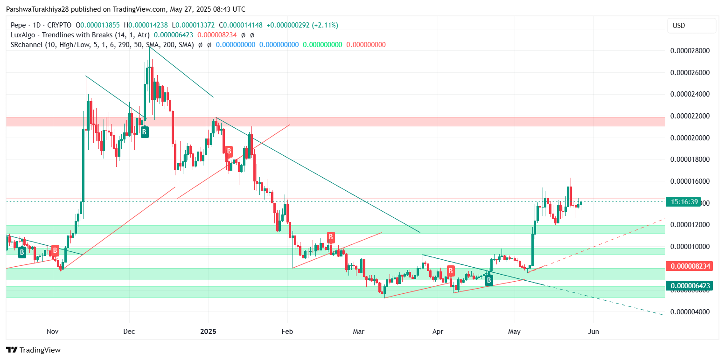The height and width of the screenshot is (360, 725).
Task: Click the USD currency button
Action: click(x=691, y=26)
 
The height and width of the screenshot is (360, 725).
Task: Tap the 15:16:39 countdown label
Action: click(x=684, y=202)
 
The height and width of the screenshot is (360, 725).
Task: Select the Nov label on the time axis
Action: click(x=53, y=332)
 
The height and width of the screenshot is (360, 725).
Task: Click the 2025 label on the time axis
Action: click(x=208, y=332)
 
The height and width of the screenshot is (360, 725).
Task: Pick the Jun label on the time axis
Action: click(x=593, y=332)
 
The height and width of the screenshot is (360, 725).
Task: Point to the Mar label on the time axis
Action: click(x=359, y=332)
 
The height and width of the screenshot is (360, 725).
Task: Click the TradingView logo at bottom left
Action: click(x=33, y=350)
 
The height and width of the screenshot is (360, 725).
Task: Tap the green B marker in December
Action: click(x=145, y=132)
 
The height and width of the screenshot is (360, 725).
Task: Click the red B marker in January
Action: click(x=229, y=151)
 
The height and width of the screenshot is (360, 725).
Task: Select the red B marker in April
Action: click(x=451, y=270)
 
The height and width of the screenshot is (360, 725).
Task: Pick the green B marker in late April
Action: click(x=489, y=280)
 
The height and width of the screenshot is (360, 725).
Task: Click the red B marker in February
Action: click(x=331, y=237)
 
